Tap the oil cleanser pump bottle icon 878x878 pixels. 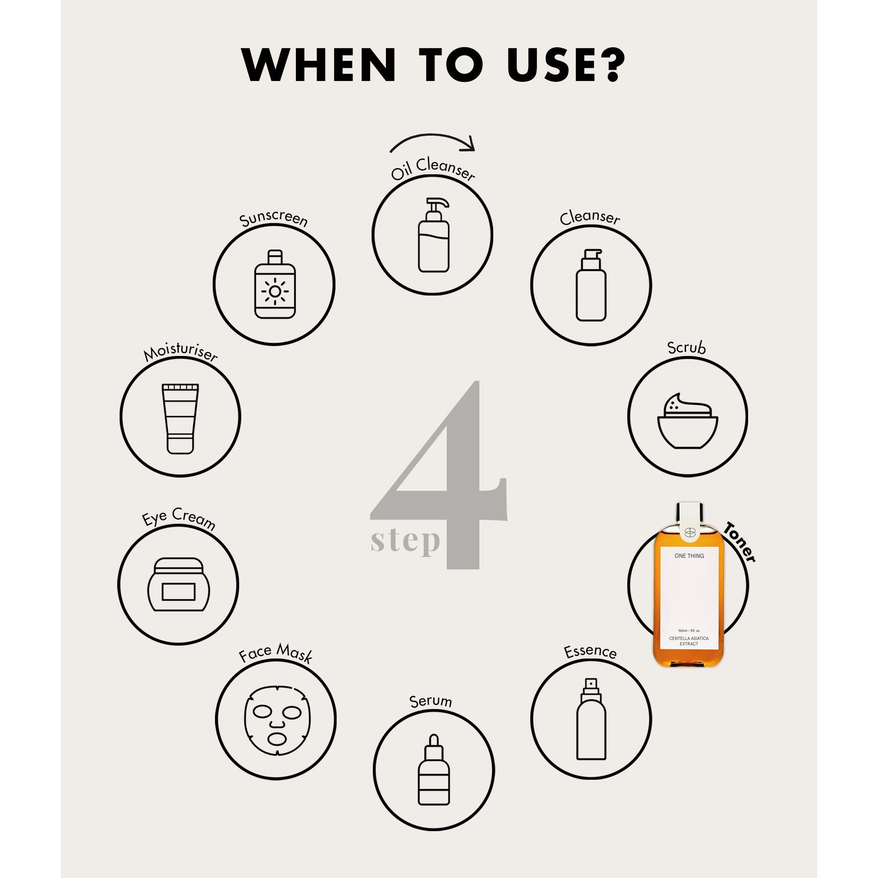pos(434,235)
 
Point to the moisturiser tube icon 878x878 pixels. pos(180,418)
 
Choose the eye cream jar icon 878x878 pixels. pos(178,585)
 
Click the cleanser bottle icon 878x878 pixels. pos(591,284)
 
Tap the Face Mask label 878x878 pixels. pos(276,654)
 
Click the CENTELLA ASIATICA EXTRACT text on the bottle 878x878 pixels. pos(689,641)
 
